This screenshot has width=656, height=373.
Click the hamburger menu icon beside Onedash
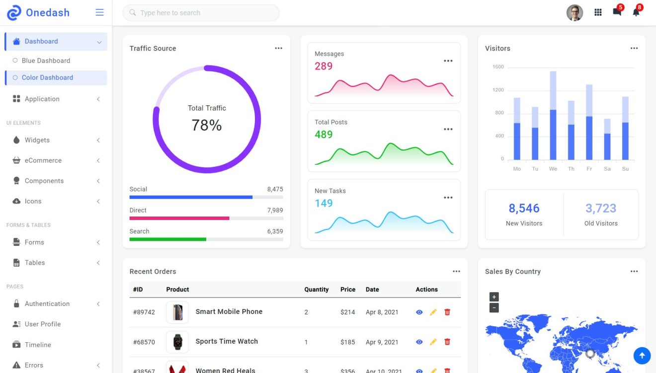click(99, 12)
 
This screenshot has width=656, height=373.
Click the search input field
click(201, 13)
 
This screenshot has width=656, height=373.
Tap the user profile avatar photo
click(574, 13)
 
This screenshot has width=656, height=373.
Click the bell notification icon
click(636, 12)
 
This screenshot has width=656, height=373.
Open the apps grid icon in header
click(598, 13)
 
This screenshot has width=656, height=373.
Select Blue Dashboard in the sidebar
click(46, 61)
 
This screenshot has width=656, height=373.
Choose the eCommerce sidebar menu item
click(43, 160)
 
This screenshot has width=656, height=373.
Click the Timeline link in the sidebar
click(38, 345)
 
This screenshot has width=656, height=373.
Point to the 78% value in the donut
click(207, 125)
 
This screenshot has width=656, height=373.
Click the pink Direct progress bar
click(179, 218)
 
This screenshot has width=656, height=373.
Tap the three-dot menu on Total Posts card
click(448, 129)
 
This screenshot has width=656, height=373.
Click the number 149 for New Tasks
click(324, 203)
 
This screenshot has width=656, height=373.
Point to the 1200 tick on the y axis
click(497, 90)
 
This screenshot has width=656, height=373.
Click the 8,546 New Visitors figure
click(524, 208)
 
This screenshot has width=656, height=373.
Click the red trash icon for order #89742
click(447, 312)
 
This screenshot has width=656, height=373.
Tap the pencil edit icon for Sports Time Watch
click(433, 342)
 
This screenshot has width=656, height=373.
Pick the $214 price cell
click(347, 312)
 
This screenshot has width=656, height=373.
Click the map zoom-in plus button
click(493, 297)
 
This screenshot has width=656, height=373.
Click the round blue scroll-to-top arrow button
click(642, 355)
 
